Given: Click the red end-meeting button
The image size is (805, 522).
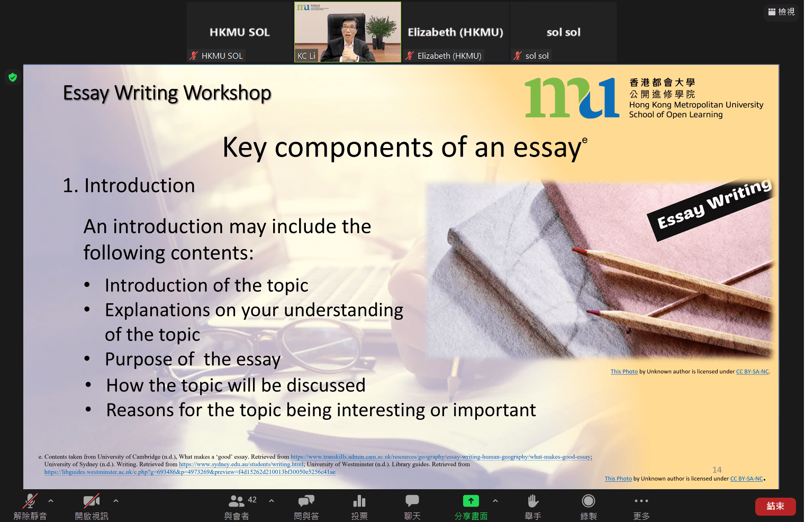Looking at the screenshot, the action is pyautogui.click(x=775, y=506).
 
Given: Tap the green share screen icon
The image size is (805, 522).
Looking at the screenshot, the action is pyautogui.click(x=471, y=500).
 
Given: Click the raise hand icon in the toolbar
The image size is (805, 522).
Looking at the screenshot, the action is pyautogui.click(x=532, y=501).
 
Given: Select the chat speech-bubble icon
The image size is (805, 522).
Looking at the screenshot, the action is pyautogui.click(x=412, y=500).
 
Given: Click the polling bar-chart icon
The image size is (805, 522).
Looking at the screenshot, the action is pyautogui.click(x=359, y=500).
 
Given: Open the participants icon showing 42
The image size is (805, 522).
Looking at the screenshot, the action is pyautogui.click(x=237, y=500).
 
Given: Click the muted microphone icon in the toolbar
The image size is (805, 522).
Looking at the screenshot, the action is pyautogui.click(x=30, y=500).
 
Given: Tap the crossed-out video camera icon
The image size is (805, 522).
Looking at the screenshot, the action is pyautogui.click(x=91, y=500).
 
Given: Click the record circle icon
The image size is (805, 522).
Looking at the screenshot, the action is pyautogui.click(x=589, y=500).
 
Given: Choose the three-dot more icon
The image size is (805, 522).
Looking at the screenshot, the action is pyautogui.click(x=641, y=500).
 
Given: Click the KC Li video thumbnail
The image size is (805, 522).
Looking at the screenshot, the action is pyautogui.click(x=348, y=32).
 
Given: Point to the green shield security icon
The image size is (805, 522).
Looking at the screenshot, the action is pyautogui.click(x=13, y=77).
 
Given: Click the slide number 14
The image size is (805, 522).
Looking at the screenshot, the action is pyautogui.click(x=717, y=470).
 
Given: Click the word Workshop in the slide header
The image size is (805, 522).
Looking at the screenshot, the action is pyautogui.click(x=227, y=93).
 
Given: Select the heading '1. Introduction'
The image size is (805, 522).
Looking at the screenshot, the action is pyautogui.click(x=129, y=185).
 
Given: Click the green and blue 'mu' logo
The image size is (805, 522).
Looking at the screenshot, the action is pyautogui.click(x=572, y=97).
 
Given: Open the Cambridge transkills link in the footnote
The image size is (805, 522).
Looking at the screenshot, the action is pyautogui.click(x=441, y=456).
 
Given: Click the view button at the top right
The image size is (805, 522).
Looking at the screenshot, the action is pyautogui.click(x=781, y=12).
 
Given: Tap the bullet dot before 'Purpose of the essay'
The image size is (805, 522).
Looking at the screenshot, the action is pyautogui.click(x=87, y=359).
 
